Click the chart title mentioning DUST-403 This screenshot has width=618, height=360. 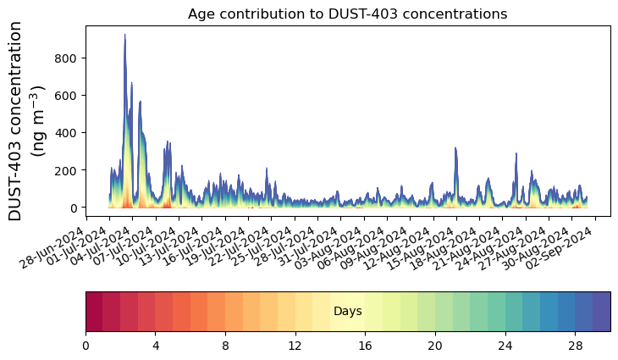pos(347,14)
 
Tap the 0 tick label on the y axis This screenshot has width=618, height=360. pos(74,208)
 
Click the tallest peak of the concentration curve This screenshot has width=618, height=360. pos(125,36)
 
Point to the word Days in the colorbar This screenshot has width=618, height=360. pos(348,312)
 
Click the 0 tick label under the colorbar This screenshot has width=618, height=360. pos(86,346)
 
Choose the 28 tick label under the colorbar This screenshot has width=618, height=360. pos(575,346)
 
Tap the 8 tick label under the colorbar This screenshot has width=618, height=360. pos(225,346)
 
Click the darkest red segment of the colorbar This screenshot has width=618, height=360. pos(94,311)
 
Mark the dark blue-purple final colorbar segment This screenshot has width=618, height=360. pos(601,311)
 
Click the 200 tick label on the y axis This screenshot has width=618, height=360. pos(68,170)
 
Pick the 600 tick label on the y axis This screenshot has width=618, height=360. pos(68,95)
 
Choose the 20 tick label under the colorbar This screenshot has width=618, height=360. pos(435,346)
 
